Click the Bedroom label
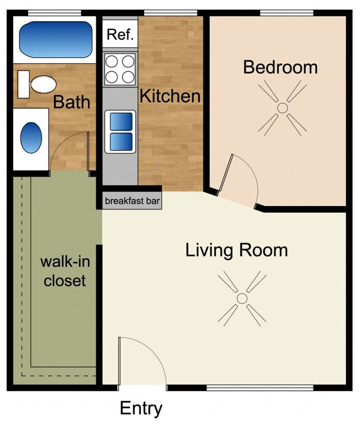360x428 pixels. click(280, 68)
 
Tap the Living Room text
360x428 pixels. click(236, 250)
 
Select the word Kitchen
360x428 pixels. click(169, 96)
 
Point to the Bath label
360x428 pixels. click(71, 102)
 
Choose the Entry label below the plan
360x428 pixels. click(141, 409)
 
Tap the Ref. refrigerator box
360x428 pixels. click(120, 35)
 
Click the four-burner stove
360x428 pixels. click(120, 69)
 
